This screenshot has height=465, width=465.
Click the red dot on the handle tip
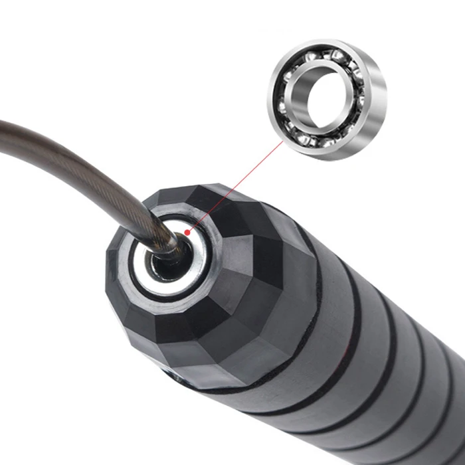[x=189, y=232]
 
